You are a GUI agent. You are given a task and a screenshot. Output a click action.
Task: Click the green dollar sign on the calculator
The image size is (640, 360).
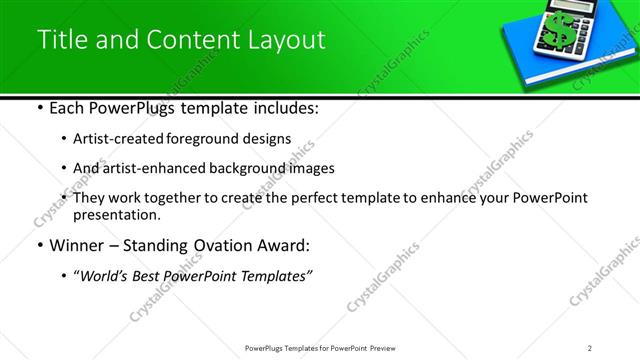pyautogui.click(x=552, y=31)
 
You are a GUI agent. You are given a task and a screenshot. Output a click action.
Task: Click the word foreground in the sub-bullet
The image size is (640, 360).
pyautogui.click(x=204, y=139)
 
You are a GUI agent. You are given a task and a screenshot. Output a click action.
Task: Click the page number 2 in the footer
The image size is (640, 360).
pyautogui.click(x=591, y=348)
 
